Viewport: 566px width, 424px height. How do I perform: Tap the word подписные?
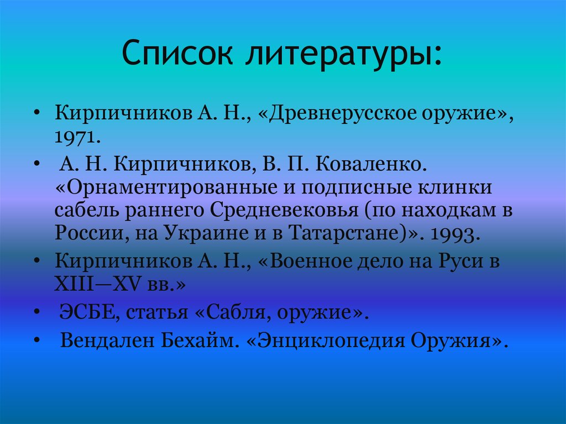354,187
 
